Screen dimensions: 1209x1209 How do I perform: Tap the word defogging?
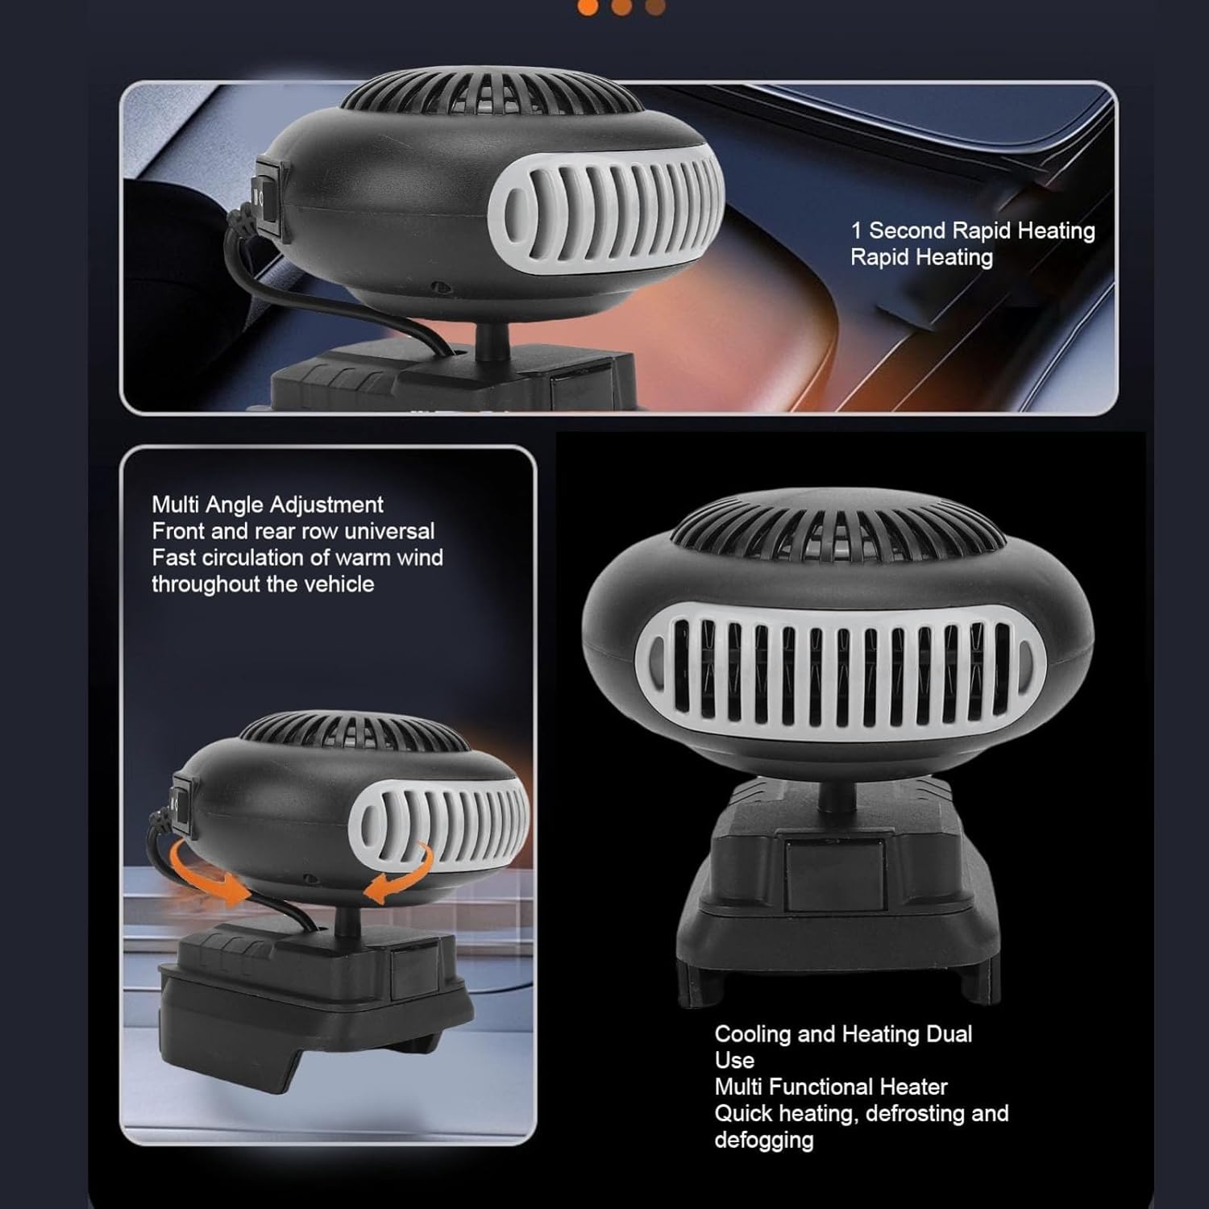pos(763,1140)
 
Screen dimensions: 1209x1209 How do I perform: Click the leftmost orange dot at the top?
pos(588,7)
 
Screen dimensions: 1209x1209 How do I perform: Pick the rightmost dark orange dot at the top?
pos(655,7)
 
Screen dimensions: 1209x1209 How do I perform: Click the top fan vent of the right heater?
pos(838,528)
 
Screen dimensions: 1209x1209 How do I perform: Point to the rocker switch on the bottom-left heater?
pos(182,802)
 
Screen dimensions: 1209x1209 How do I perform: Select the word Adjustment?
pos(326,505)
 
